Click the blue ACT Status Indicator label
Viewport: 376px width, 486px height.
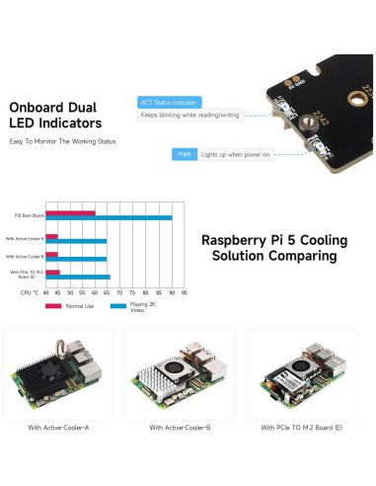170,101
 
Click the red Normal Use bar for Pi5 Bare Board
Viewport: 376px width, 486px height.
70,212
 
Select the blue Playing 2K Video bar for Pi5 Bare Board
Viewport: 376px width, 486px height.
109,217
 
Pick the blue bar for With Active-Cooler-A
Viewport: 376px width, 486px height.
76,240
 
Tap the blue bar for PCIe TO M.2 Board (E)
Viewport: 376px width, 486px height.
78,278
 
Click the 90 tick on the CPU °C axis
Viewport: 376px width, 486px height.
171,292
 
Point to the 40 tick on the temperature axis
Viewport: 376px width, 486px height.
45,292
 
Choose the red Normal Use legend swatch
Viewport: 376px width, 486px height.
54,306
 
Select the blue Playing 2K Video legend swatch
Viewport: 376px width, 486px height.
119,306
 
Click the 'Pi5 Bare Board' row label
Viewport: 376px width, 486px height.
29,215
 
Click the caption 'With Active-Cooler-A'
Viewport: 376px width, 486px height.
58,428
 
